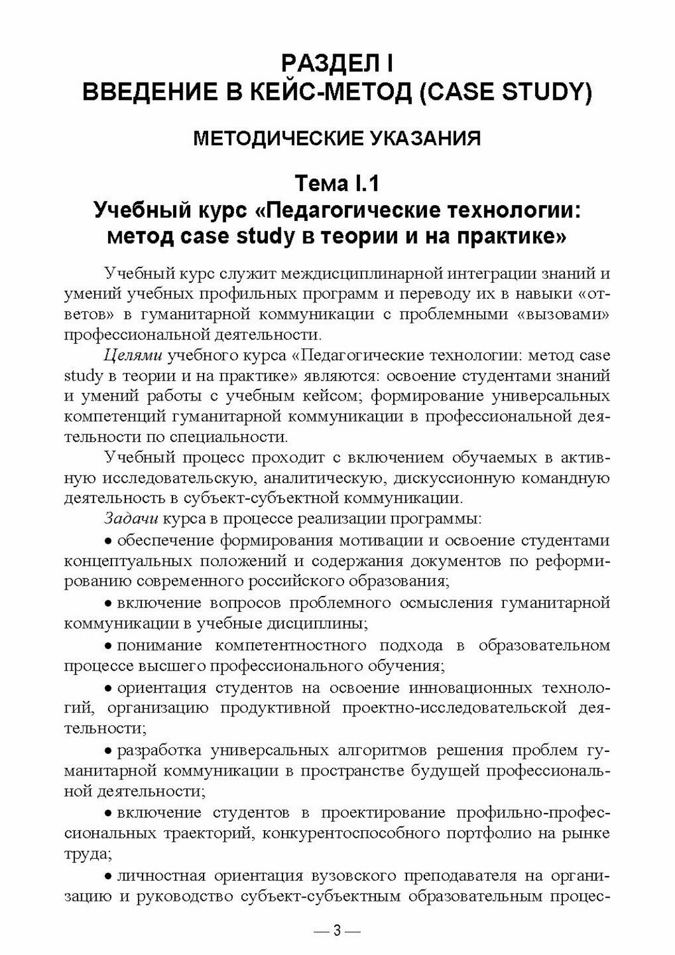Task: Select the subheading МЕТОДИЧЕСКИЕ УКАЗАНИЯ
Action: (337, 138)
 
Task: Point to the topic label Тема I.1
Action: (337, 185)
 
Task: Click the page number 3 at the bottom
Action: (337, 931)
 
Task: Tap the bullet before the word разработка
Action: (109, 752)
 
